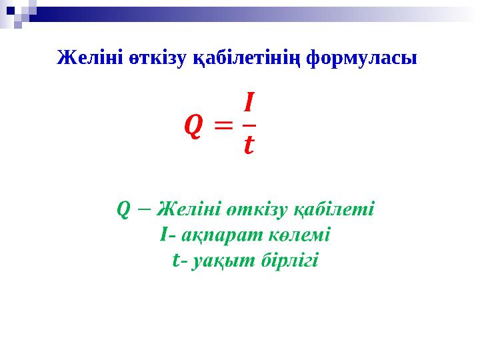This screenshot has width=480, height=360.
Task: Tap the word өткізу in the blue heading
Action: [150, 58]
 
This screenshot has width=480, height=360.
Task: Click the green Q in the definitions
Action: [123, 209]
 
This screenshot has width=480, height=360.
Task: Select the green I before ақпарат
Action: [164, 235]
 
